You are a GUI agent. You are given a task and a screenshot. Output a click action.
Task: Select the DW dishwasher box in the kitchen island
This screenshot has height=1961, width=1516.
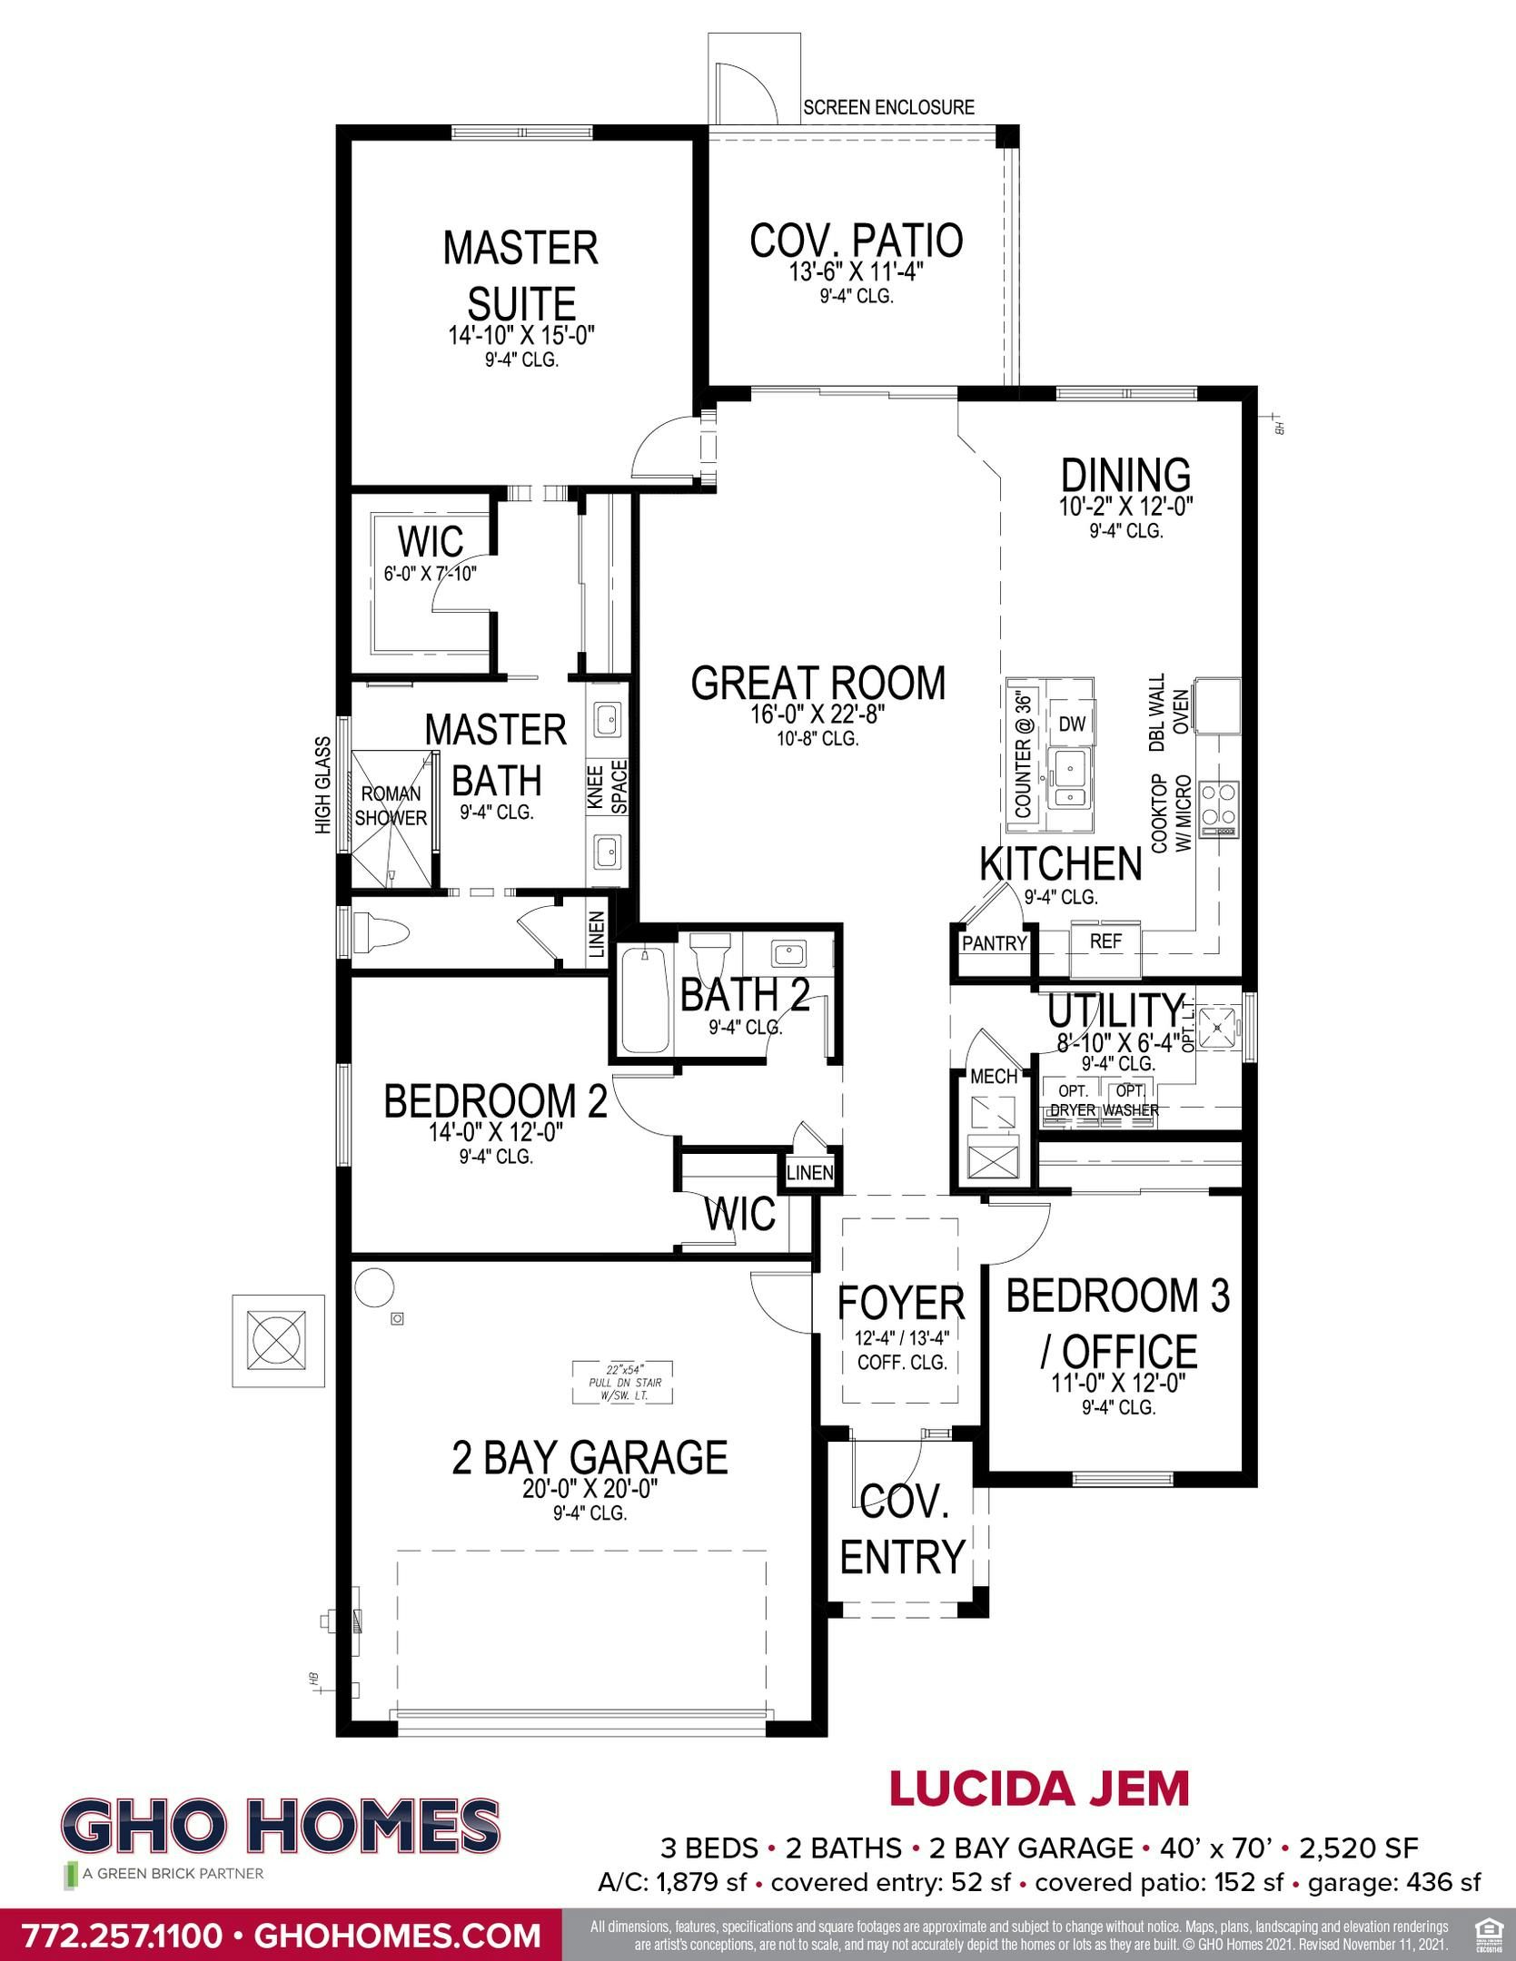1072,724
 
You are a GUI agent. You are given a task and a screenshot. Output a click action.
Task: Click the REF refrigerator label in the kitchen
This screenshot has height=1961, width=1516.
1105,941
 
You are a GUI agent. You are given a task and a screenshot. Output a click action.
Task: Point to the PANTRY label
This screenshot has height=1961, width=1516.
994,943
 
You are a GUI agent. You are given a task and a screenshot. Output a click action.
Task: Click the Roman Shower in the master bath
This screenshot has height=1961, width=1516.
391,806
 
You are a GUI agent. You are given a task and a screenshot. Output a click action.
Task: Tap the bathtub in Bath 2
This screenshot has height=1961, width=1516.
645,1000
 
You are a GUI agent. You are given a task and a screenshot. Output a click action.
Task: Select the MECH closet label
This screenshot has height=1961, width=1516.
994,1077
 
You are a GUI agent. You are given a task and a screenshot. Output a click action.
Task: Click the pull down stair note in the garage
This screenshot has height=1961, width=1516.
623,1383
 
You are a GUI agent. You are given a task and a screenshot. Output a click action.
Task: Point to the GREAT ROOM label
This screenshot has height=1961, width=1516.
817,684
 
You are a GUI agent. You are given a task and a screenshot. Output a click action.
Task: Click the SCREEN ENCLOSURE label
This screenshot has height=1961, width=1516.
888,108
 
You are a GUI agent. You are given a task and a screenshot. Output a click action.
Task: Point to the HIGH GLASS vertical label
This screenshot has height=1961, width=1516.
323,784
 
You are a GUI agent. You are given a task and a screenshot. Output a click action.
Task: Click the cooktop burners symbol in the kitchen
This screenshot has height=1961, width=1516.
1219,801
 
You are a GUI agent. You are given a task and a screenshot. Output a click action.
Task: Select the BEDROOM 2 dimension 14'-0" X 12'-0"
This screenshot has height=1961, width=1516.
497,1132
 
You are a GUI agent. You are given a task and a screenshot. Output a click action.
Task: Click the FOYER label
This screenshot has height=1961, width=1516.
900,1304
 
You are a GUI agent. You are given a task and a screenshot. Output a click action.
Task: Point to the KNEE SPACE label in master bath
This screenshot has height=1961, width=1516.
608,787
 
